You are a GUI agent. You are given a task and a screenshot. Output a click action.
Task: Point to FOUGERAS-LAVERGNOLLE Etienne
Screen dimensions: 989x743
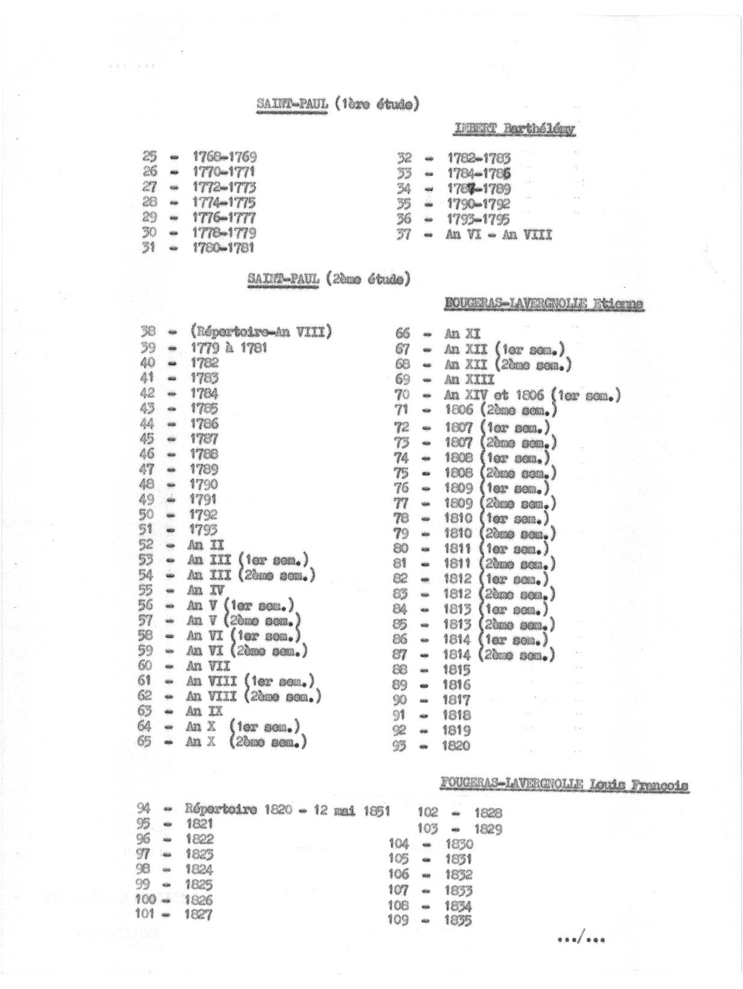tap(544, 305)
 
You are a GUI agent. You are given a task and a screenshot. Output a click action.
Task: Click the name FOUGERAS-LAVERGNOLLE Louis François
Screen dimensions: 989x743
tap(564, 784)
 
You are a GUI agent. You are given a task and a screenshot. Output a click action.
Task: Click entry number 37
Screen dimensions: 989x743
tap(404, 234)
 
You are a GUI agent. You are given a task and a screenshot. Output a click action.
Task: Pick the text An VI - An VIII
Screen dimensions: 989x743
tap(498, 234)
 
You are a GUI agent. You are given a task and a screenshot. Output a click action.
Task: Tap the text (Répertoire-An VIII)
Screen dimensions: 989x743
tap(261, 331)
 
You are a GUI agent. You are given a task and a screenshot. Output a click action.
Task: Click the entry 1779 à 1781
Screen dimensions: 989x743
tap(229, 348)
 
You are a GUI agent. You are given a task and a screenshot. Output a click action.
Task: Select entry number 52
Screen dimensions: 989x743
tap(146, 545)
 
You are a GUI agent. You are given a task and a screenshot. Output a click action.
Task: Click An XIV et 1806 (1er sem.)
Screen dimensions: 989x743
tap(532, 395)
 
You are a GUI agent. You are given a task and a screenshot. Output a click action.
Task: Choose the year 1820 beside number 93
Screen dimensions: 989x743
tap(457, 746)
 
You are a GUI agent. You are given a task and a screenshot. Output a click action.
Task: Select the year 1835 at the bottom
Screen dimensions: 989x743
tap(458, 920)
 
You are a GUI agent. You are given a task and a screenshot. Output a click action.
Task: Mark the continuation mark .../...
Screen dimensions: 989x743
tap(581, 939)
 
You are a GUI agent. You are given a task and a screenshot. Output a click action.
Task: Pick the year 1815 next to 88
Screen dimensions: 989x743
tap(457, 670)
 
